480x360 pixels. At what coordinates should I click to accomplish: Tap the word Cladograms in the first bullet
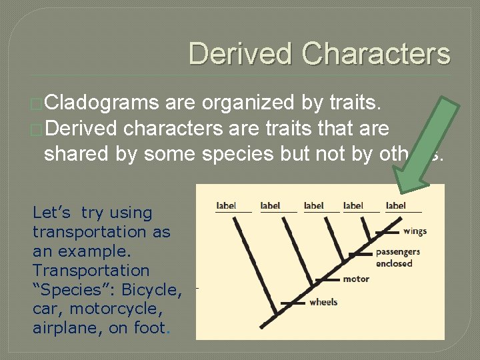tap(101, 103)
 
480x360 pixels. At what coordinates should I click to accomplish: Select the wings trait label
tap(415, 231)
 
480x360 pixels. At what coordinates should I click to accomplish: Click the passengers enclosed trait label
tap(397, 257)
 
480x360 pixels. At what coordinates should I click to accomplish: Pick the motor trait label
tap(356, 279)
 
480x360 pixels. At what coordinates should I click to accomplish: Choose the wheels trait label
tap(323, 302)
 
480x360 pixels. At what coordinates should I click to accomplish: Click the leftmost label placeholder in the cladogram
tap(227, 205)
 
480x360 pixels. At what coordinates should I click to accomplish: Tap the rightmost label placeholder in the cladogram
tap(396, 205)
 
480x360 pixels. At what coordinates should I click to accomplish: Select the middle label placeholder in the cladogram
tap(313, 205)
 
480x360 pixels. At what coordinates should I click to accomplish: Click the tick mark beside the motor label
tap(327, 279)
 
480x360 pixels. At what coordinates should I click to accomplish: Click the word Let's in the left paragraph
tap(51, 213)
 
